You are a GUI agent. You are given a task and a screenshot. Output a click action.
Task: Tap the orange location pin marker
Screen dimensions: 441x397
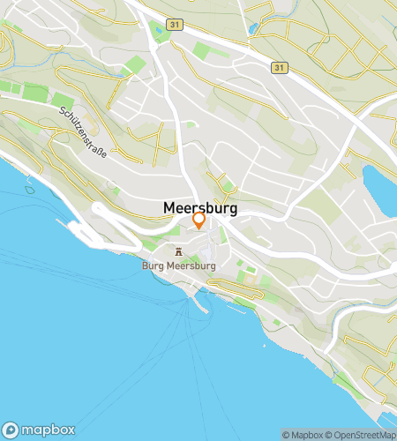point(199,220)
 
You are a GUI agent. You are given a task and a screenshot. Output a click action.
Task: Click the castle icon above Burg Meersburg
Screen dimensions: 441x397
point(179,250)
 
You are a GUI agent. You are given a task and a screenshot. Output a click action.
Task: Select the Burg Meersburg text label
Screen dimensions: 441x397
point(178,264)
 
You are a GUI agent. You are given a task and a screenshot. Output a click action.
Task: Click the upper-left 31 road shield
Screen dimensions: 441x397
point(176,25)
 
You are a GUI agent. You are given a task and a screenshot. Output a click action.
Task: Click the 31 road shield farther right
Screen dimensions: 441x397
point(280,67)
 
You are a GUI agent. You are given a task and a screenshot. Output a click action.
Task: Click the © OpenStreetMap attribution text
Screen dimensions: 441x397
point(363,434)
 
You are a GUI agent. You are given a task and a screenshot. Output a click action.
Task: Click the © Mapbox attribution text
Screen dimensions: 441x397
point(303,434)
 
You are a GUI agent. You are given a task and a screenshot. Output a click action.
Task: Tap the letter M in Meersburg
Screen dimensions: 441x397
point(169,208)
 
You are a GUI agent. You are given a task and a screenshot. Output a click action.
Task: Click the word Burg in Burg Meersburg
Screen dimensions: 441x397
point(153,264)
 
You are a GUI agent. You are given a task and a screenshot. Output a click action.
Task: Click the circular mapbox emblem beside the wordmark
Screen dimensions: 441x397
point(11,429)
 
